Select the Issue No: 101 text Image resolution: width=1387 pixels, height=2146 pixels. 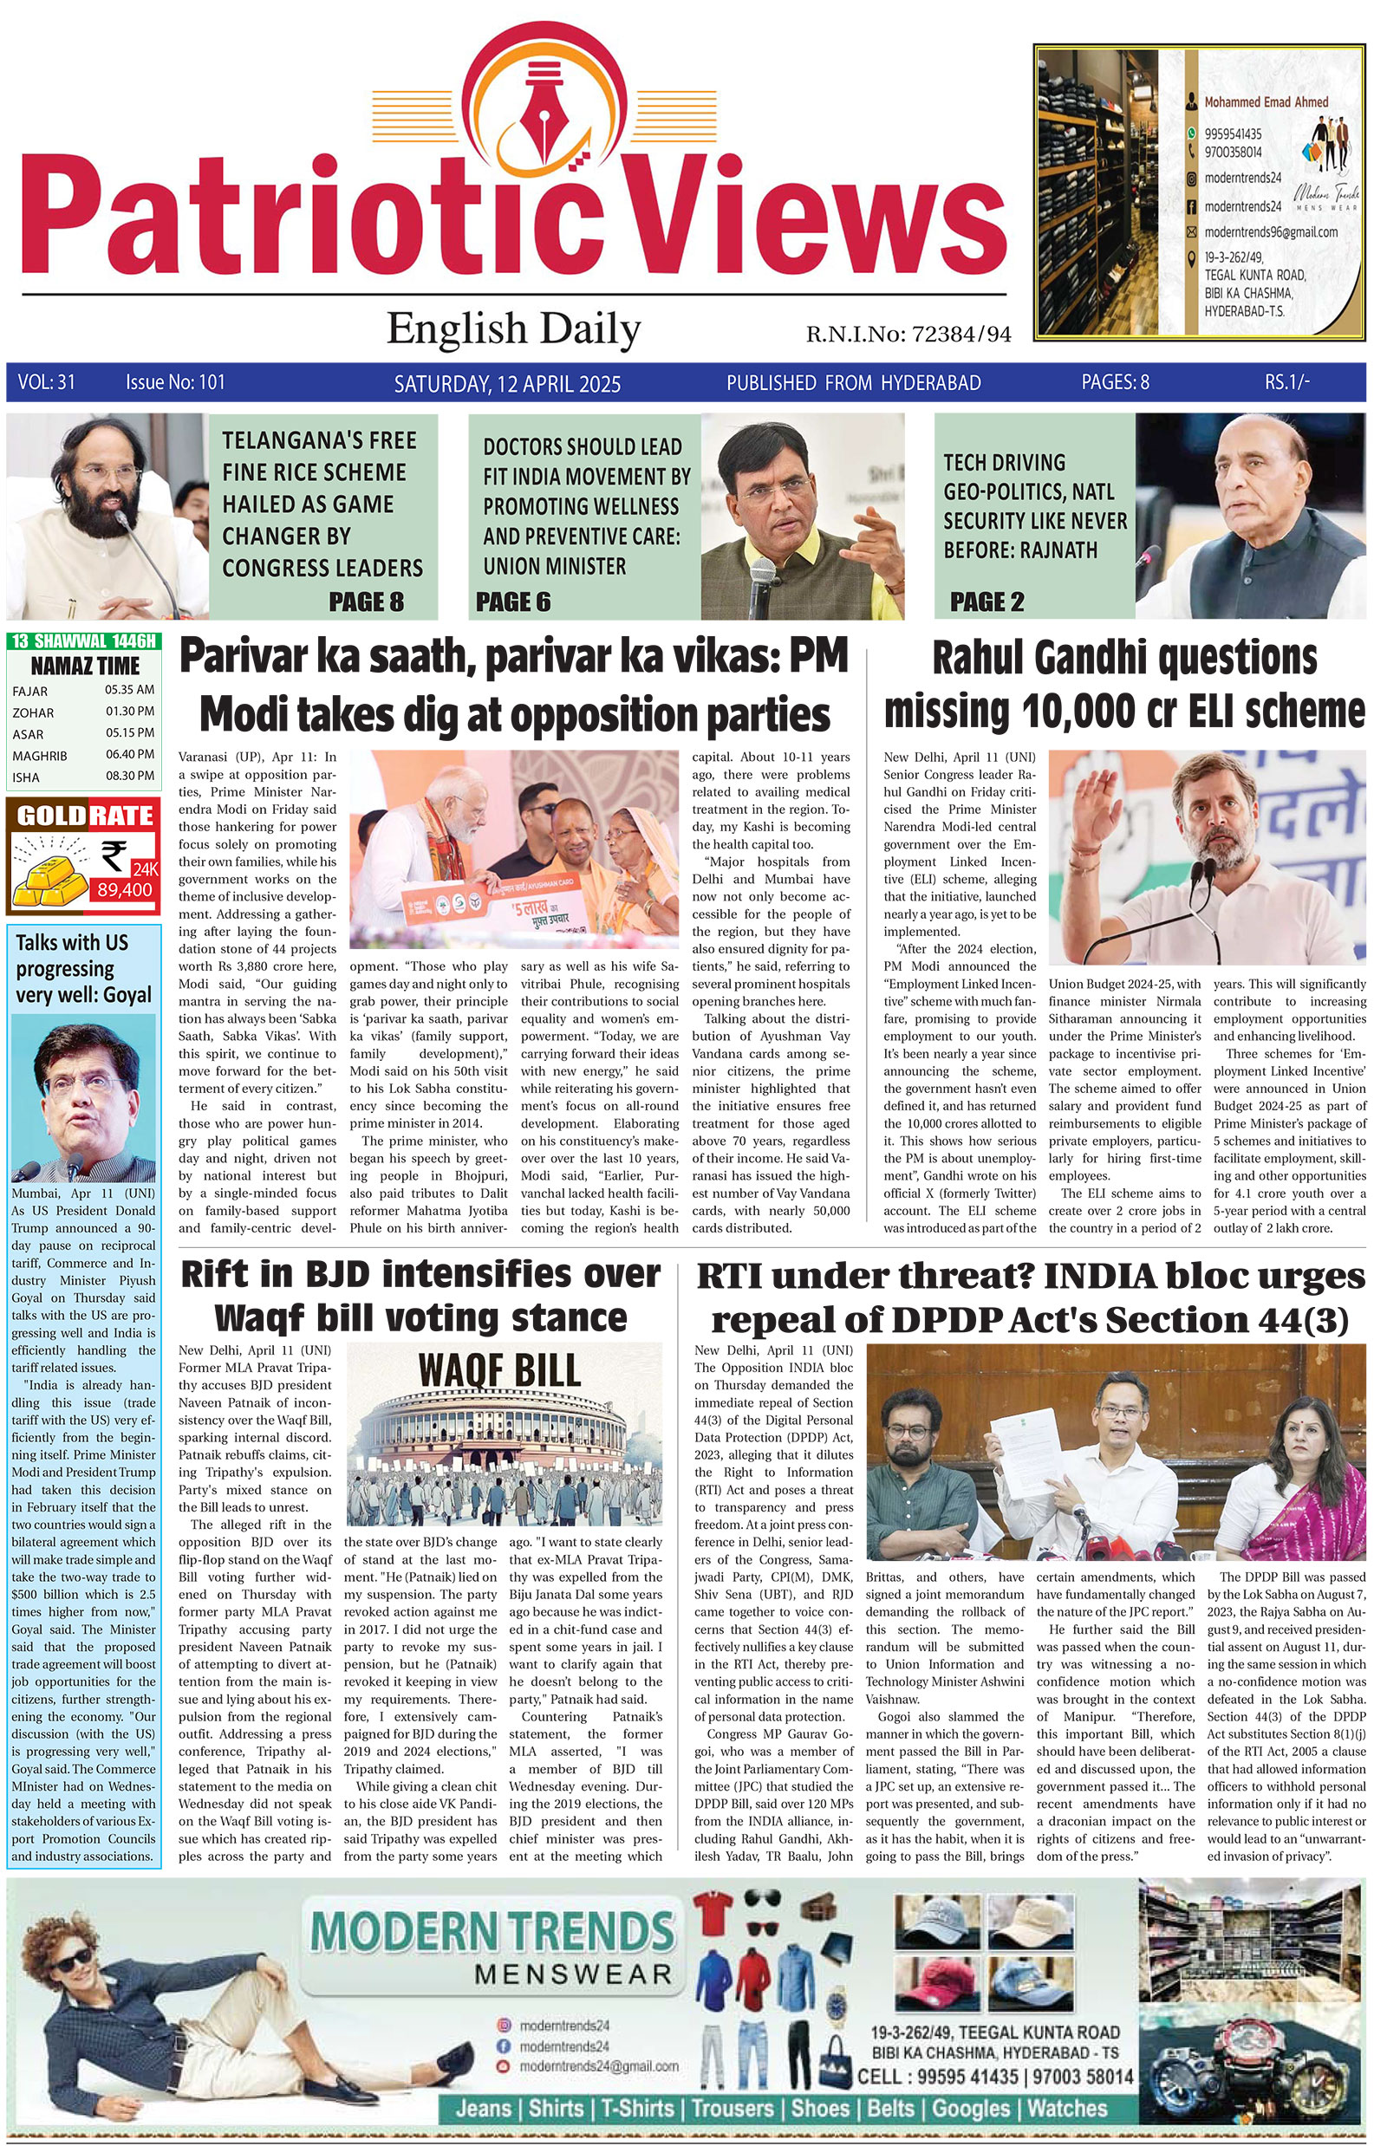click(x=176, y=382)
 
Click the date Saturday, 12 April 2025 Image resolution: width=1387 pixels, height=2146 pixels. click(x=507, y=385)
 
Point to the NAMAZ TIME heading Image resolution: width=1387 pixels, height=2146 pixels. click(x=86, y=667)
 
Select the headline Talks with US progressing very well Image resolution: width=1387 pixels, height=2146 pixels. click(x=72, y=968)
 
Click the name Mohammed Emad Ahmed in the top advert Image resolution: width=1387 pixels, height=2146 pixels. click(x=1266, y=102)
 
